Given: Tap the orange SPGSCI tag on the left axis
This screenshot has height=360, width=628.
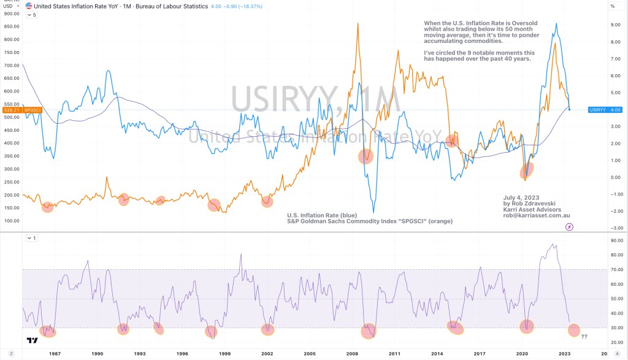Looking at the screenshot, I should (x=32, y=110).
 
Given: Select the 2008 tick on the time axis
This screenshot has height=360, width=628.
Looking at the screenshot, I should (x=351, y=354).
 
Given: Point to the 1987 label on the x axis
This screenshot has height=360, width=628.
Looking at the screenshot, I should (x=55, y=354).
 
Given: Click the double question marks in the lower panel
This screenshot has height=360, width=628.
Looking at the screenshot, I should (x=584, y=337).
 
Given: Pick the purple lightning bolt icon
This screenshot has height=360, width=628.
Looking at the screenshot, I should (x=569, y=226).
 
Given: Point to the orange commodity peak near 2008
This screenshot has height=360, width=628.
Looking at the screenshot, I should (x=358, y=25).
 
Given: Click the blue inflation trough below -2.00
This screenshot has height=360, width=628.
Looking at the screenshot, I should (x=373, y=212).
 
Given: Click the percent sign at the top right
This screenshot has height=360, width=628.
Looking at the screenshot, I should (x=612, y=6).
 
